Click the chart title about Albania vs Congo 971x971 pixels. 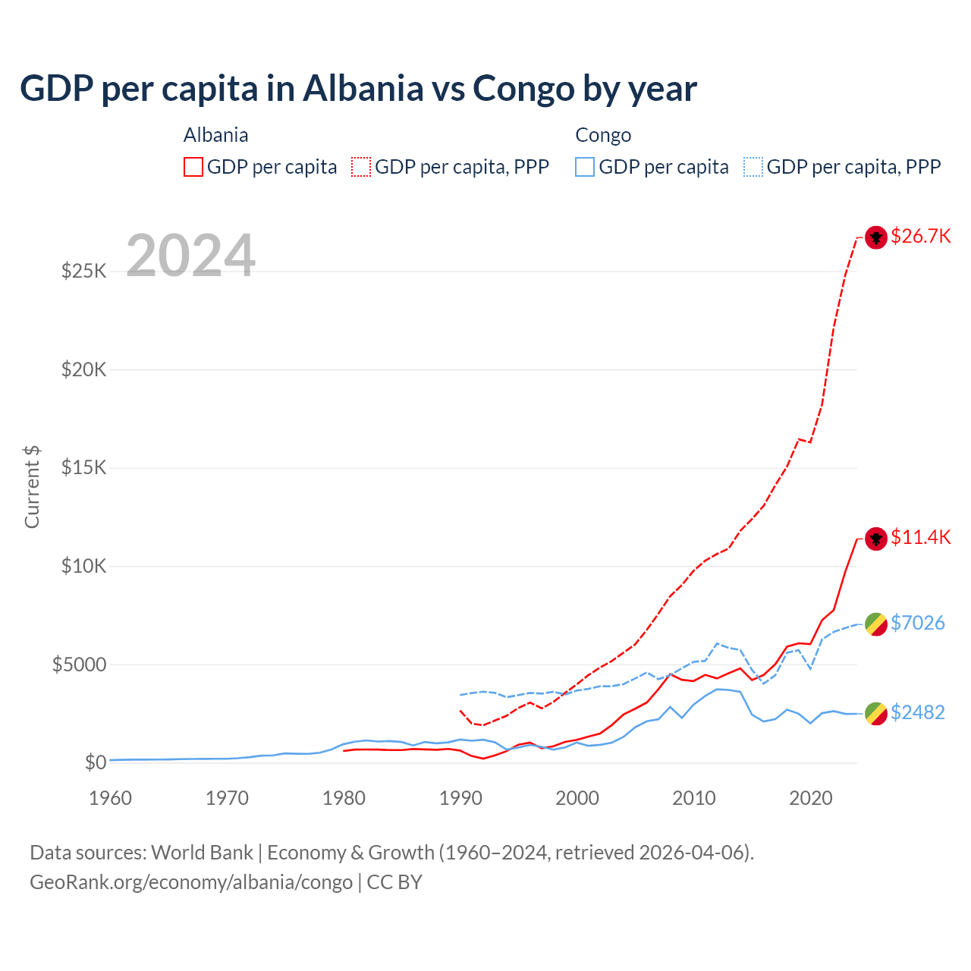(358, 89)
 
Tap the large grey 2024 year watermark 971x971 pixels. (190, 256)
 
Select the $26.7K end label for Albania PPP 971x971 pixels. (920, 236)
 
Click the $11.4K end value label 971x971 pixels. (920, 537)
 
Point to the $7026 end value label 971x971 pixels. (917, 623)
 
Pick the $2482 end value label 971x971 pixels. (917, 712)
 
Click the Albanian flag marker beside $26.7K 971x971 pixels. (876, 237)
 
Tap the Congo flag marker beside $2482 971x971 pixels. (876, 713)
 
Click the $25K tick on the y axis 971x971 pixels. (83, 271)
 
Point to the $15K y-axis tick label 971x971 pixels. (83, 467)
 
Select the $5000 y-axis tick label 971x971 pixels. (79, 665)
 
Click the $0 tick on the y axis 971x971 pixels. (95, 762)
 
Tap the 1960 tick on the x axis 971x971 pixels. (111, 798)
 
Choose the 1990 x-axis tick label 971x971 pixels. (460, 798)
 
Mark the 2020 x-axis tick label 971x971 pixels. (811, 798)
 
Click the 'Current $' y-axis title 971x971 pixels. (32, 487)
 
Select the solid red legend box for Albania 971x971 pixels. (193, 167)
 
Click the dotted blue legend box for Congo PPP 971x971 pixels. (753, 167)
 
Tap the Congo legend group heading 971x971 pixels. (603, 135)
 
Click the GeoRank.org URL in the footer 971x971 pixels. (191, 882)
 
